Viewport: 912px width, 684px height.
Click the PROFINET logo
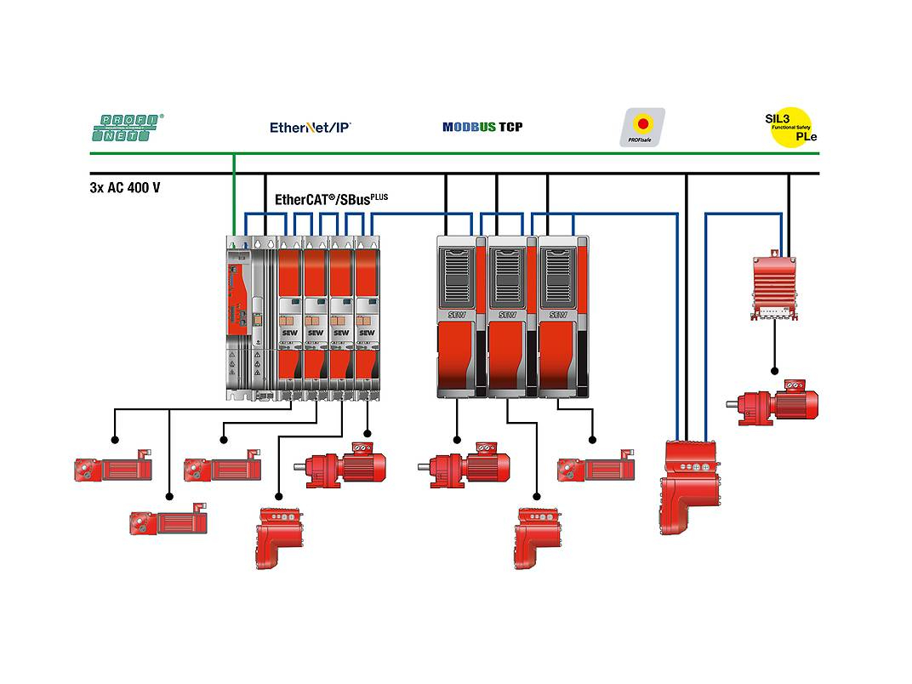(127, 128)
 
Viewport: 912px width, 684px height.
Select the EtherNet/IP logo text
(310, 128)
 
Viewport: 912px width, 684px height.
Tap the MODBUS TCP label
(482, 127)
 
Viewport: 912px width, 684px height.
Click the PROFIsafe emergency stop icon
(642, 126)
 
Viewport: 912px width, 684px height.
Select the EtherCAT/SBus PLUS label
(330, 200)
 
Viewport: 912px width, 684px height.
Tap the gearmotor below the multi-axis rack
(341, 466)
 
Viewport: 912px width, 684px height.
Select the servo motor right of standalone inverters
(596, 468)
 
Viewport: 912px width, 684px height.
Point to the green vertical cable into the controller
(233, 196)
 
